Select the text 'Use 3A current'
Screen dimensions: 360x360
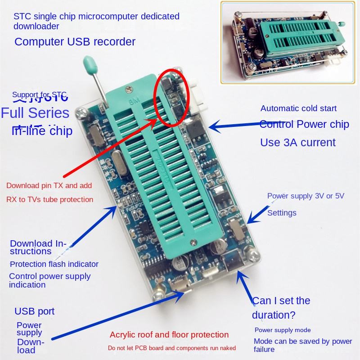point(298,143)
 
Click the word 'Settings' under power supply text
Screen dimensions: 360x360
point(282,212)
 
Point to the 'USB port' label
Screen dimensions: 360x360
point(35,311)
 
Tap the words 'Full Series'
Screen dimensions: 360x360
point(36,112)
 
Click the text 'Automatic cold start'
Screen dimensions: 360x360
point(298,108)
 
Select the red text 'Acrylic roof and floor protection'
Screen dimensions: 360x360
point(169,335)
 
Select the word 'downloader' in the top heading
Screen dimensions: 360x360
point(36,27)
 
